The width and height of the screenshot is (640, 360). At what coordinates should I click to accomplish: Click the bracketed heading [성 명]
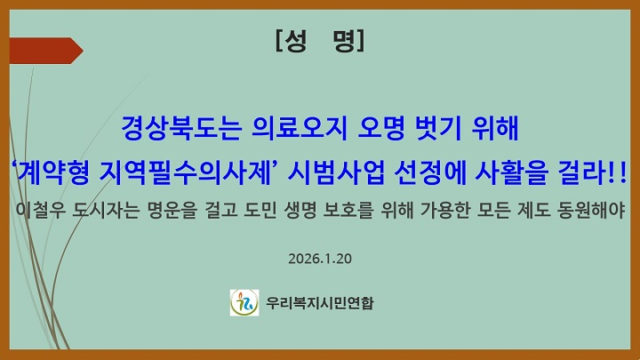coord(320,40)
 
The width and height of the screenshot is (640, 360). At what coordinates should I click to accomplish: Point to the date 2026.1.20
coord(321,259)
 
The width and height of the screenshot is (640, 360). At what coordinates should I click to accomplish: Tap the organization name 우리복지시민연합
coord(321,303)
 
